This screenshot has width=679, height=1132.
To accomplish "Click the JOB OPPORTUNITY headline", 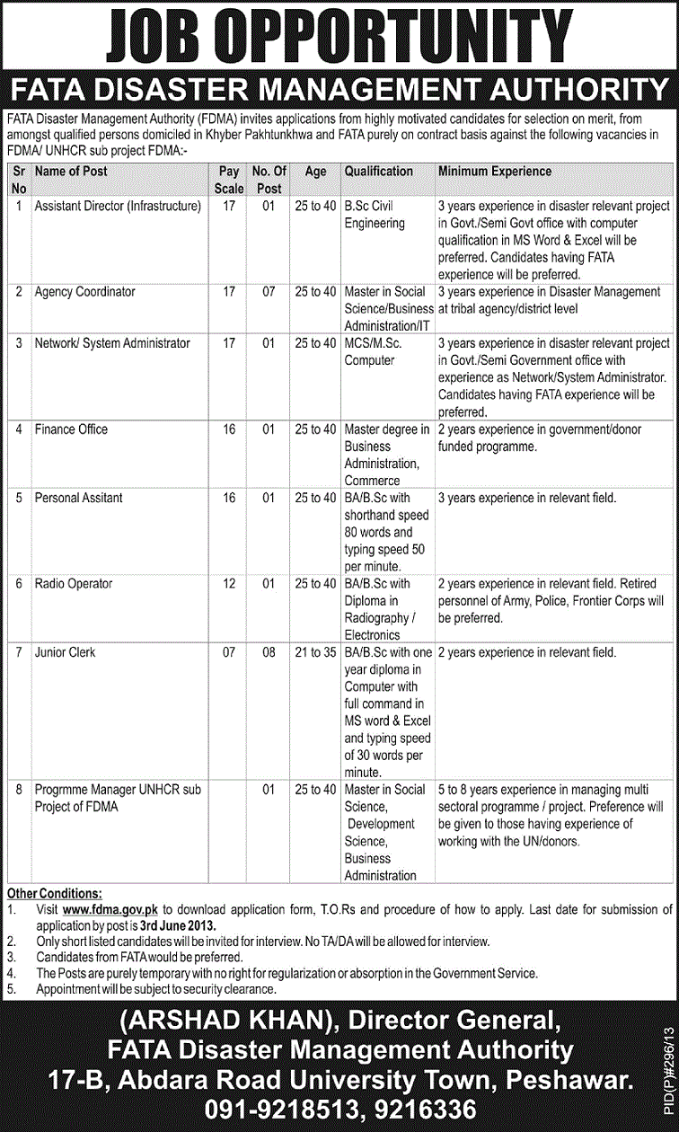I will click(x=339, y=38).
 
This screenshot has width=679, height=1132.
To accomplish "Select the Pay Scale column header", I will click(x=229, y=180).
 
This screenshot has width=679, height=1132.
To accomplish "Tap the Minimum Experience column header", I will click(x=495, y=171).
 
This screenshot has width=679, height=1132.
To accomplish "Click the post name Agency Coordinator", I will click(x=85, y=292).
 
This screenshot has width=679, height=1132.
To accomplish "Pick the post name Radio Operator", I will click(x=74, y=584).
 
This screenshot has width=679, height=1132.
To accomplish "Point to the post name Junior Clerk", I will click(x=66, y=652).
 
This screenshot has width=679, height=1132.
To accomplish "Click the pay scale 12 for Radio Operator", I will click(x=229, y=584).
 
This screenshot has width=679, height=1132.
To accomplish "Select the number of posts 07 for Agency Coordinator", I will click(x=269, y=292).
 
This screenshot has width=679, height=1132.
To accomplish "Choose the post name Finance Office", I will click(x=71, y=429).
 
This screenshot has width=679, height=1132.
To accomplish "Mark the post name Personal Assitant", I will click(x=79, y=498).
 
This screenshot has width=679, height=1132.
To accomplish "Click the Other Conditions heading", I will click(x=54, y=894).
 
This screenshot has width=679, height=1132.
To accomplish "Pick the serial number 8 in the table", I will click(x=19, y=790).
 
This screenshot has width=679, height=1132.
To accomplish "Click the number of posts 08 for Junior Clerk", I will click(x=269, y=652).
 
